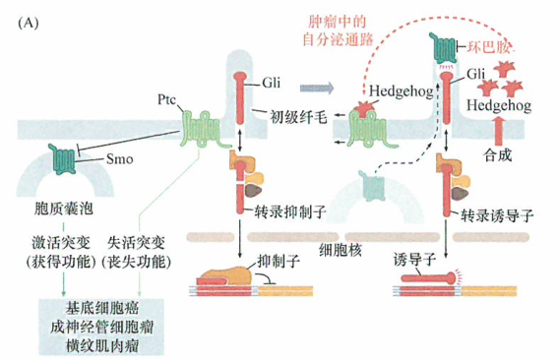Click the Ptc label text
165,99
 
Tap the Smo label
120,157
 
